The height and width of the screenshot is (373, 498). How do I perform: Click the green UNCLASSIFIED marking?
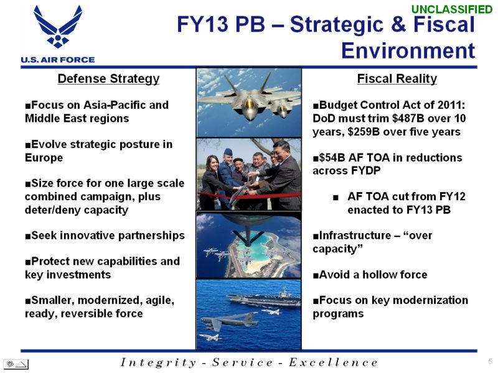pyautogui.click(x=452, y=9)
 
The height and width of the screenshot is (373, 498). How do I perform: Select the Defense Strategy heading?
pyautogui.click(x=108, y=79)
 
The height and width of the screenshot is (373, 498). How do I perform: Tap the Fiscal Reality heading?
pyautogui.click(x=397, y=79)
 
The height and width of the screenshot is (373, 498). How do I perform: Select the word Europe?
pyautogui.click(x=44, y=158)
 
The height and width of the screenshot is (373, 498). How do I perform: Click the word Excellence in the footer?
pyautogui.click(x=334, y=362)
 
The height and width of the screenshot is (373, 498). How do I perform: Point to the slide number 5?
pyautogui.click(x=491, y=361)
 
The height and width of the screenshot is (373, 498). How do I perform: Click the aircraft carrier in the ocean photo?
pyautogui.click(x=263, y=298)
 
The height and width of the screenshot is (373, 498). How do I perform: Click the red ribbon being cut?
pyautogui.click(x=249, y=196)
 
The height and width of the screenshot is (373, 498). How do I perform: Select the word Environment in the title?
pyautogui.click(x=408, y=51)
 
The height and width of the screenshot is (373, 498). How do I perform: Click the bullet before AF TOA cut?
pyautogui.click(x=336, y=198)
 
